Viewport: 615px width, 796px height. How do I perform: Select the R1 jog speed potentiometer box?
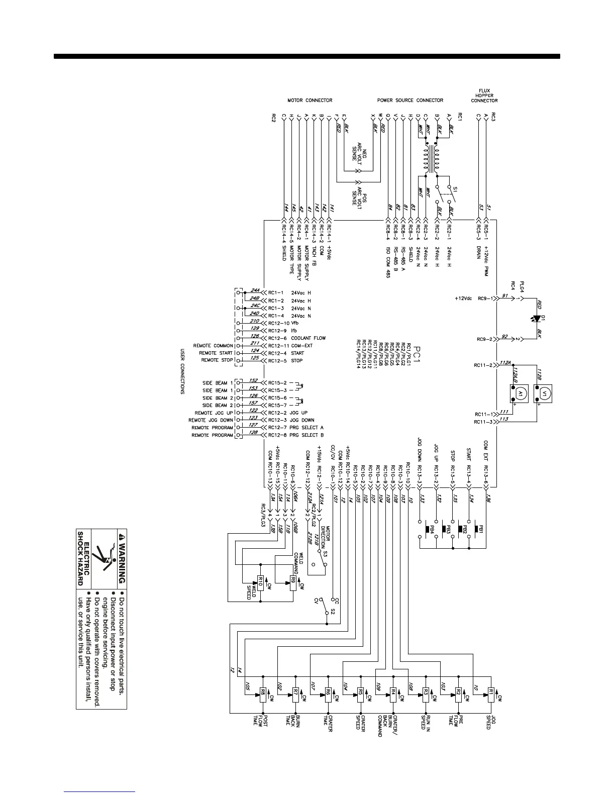tap(491, 694)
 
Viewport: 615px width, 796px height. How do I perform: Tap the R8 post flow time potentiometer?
tap(262, 694)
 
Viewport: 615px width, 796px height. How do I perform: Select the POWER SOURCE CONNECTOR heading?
tap(410, 101)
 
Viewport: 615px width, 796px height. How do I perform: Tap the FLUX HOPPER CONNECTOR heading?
tap(484, 95)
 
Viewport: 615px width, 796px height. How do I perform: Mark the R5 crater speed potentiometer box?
tap(360, 694)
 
